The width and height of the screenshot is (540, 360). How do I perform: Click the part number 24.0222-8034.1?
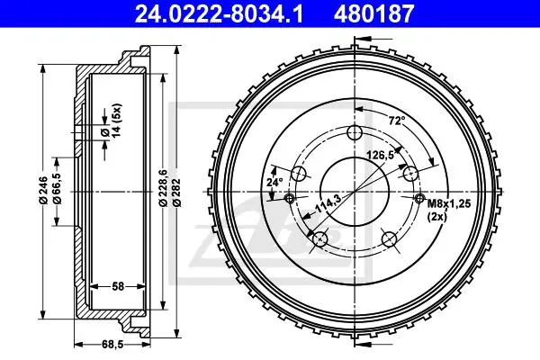219,13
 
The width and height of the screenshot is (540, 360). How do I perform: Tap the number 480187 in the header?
374,13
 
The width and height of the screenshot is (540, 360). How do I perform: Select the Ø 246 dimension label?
43,190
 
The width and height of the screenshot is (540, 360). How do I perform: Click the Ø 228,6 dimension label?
163,188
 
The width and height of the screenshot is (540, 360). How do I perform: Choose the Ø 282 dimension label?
177,193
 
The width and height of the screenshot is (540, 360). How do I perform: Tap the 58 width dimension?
118,286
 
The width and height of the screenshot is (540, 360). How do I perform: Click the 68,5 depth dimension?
112,344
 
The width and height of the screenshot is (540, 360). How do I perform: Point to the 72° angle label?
397,121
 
